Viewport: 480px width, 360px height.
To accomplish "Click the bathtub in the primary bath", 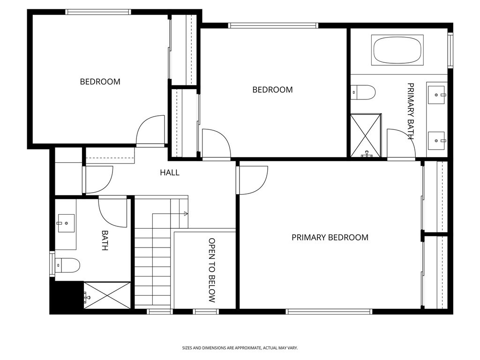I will coord(397,50).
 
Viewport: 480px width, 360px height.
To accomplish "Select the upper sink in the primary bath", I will coord(437,95).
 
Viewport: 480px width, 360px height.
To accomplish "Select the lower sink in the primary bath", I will coord(437,140).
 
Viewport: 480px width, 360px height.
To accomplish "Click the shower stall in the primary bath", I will coord(366,135).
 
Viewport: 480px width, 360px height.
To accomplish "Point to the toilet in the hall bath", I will coord(67,265).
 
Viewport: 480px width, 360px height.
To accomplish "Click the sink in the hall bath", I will coord(66,223).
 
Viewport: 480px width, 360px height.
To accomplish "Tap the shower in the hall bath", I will coord(107,295).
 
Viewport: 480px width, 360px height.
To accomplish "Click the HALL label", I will coord(170,172).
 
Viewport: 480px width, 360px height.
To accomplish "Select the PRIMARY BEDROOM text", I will coord(330,237).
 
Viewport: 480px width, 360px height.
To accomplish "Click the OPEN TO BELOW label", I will coord(212,270).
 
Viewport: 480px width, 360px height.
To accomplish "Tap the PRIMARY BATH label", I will coord(411,112).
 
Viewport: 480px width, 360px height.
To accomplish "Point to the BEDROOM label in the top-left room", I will coord(100,82).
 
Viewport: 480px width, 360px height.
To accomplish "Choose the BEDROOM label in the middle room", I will coord(272,90).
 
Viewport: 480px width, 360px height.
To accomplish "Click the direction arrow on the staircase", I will coord(185,214).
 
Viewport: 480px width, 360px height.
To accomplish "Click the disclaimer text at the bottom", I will coord(240,348).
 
